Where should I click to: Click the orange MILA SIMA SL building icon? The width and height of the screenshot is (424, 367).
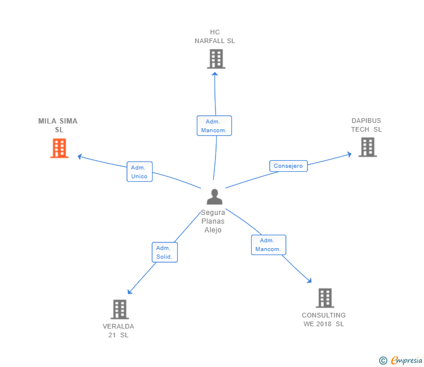coord(59,148)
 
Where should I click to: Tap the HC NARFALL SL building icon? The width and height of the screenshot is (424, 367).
coord(215,59)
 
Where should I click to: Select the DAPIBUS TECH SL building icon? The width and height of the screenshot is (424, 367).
coord(367,147)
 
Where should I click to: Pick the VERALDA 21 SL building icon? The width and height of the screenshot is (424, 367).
coord(119,309)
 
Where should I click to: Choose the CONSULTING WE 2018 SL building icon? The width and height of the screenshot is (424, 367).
coord(324,298)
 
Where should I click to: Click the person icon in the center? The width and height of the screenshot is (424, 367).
coord(214,197)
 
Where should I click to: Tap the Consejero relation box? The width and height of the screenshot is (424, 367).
coord(288,166)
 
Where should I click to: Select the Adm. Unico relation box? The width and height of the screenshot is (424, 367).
coord(140,172)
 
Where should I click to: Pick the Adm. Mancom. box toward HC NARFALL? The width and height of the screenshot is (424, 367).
coord(214,126)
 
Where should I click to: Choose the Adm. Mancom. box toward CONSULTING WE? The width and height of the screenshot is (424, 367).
coord(268,245)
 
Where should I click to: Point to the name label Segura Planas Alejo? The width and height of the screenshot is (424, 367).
coord(213,221)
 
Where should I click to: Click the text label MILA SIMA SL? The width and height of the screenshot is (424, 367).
coord(58,125)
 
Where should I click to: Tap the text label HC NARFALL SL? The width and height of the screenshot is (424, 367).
coord(215,37)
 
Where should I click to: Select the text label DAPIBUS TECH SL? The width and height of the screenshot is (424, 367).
coord(366,125)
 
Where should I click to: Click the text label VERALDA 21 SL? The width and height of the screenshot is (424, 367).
coord(118,330)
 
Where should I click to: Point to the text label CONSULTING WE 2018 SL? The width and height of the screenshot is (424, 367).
coord(324,319)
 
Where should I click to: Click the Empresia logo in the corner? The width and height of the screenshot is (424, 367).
coord(406,361)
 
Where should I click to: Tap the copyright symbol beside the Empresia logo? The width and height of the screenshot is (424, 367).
coord(383,361)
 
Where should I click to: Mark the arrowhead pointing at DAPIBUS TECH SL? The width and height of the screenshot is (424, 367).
coord(349,154)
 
